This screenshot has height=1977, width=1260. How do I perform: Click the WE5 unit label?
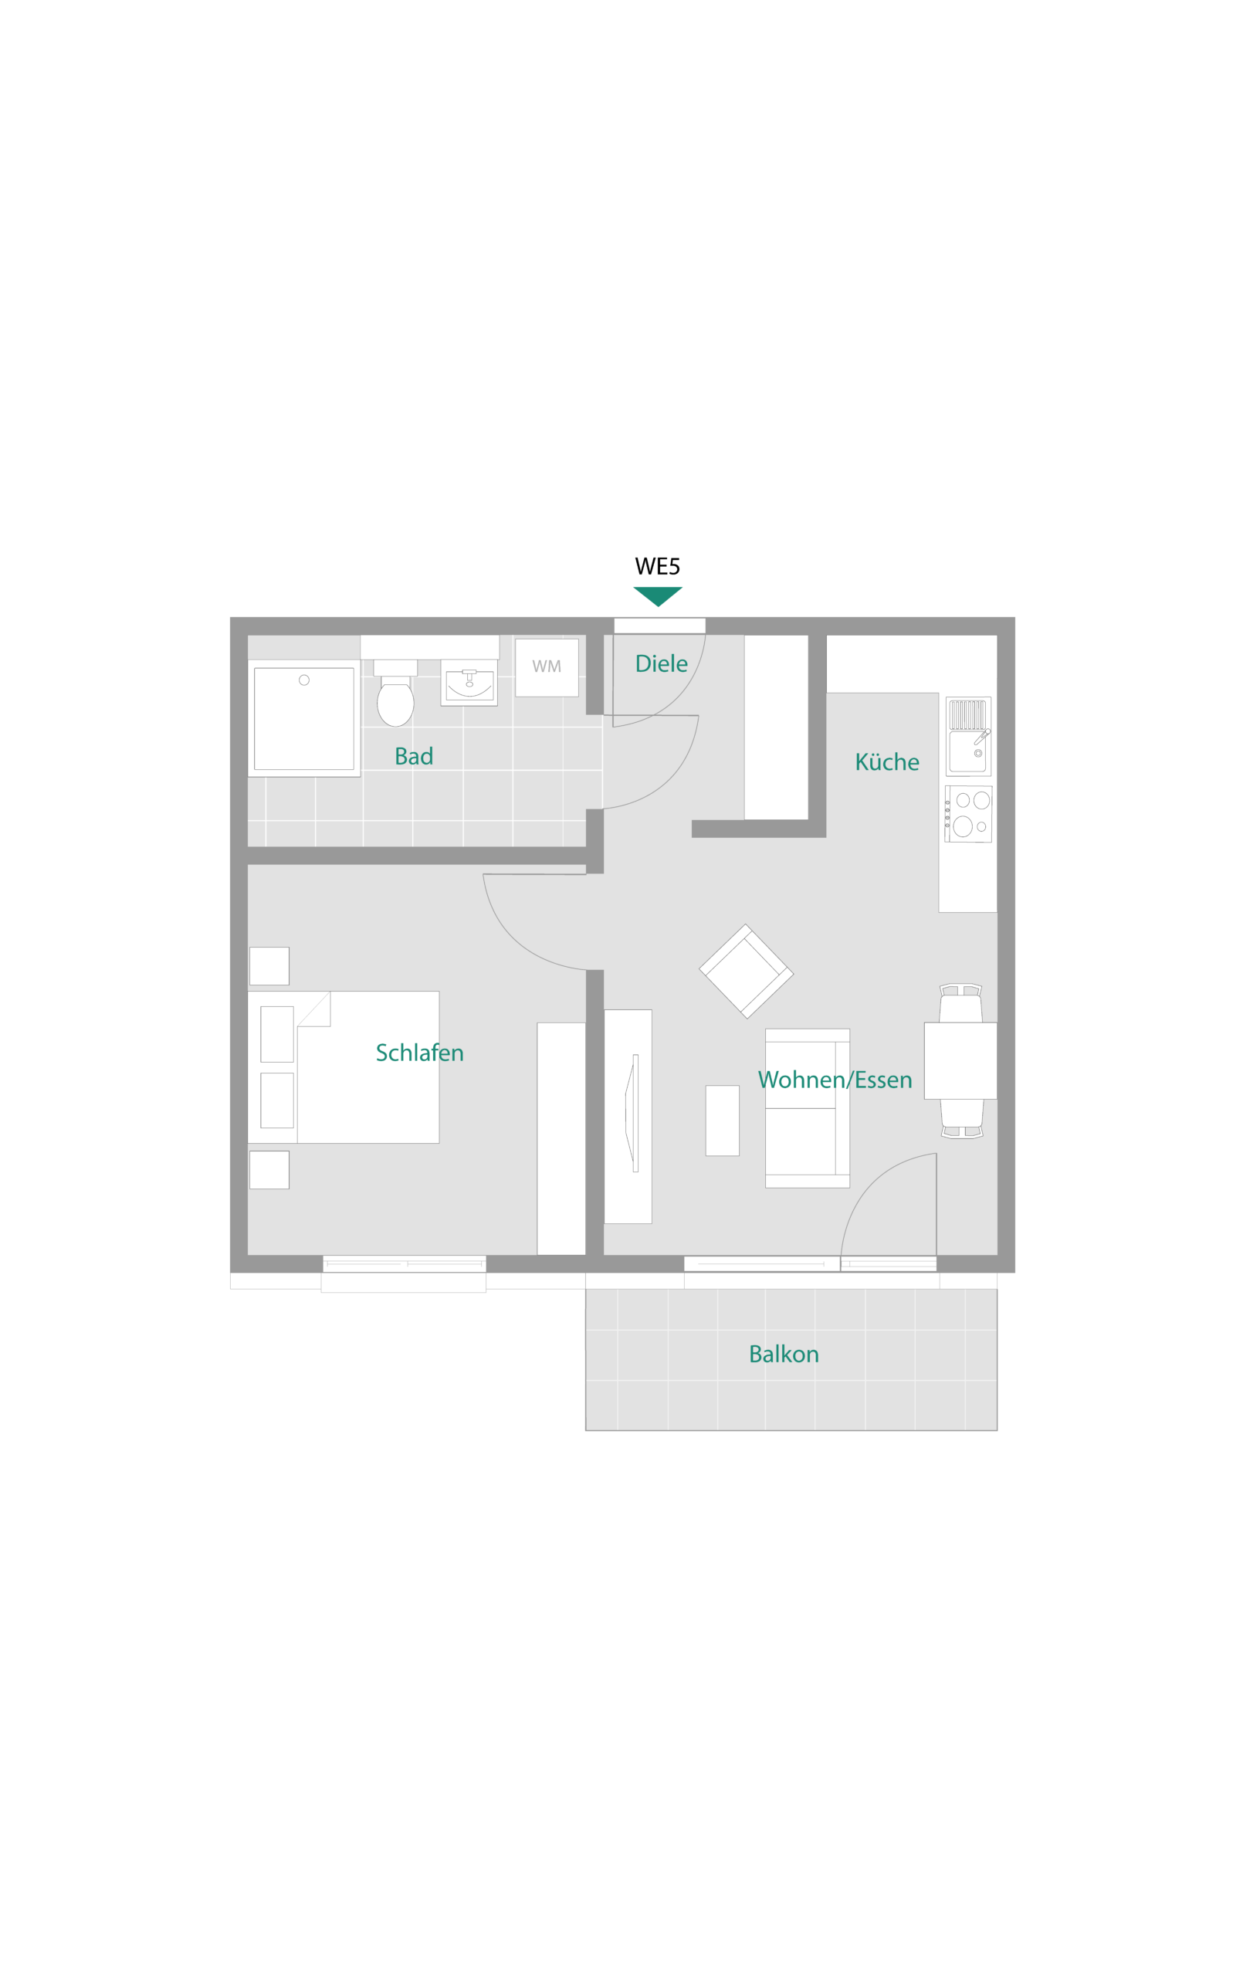tap(658, 567)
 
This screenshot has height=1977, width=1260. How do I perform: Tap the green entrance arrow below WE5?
tap(658, 596)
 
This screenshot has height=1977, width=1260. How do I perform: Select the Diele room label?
tap(662, 663)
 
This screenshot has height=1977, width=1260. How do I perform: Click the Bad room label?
tap(414, 756)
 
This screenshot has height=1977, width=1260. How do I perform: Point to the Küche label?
tap(887, 762)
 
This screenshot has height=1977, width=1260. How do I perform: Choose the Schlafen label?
tap(419, 1053)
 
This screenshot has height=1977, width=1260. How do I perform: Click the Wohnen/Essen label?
tap(835, 1080)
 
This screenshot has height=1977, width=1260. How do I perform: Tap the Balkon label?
tap(784, 1354)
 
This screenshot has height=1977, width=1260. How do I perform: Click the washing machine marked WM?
tap(547, 667)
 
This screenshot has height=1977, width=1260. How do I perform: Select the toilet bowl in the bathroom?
tap(395, 703)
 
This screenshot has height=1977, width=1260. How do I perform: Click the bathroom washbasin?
tap(469, 682)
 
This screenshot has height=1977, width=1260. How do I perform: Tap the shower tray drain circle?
tap(303, 680)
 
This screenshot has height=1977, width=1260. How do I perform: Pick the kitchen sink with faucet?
tap(969, 737)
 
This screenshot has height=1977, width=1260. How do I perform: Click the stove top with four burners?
tap(969, 814)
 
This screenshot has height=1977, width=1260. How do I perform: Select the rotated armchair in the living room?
tap(746, 972)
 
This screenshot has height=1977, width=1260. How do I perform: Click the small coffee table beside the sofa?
tap(723, 1121)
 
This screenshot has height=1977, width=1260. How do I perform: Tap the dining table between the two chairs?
tap(960, 1061)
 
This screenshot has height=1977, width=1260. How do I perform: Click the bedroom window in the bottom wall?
tap(404, 1263)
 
